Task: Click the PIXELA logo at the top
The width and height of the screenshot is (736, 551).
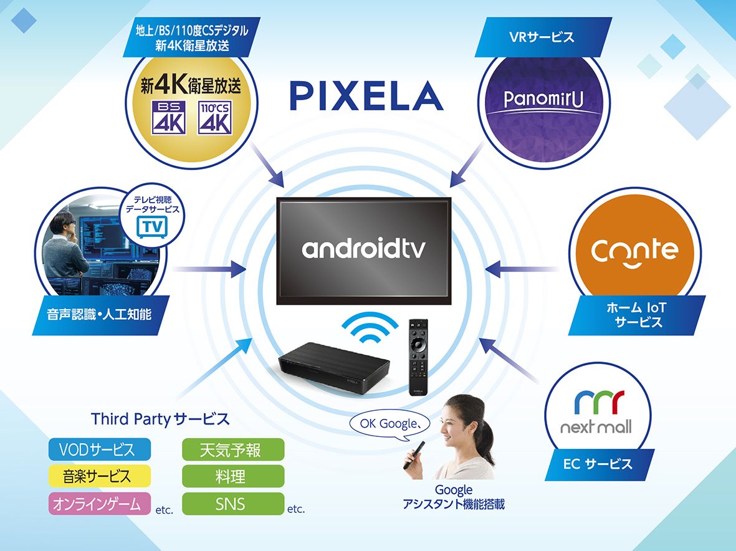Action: pyautogui.click(x=366, y=97)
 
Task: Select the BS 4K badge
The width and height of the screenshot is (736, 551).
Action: pyautogui.click(x=169, y=118)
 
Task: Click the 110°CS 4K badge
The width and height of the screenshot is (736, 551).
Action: pyautogui.click(x=214, y=118)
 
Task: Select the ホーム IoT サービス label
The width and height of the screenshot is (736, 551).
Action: pyautogui.click(x=639, y=315)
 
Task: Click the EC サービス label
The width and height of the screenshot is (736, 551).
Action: pyautogui.click(x=597, y=464)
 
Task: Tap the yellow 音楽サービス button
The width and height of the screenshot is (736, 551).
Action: pyautogui.click(x=100, y=476)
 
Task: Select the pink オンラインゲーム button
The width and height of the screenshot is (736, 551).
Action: pyautogui.click(x=100, y=504)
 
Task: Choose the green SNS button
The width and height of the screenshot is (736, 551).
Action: pyautogui.click(x=232, y=504)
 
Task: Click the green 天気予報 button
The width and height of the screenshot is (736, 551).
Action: pyautogui.click(x=232, y=449)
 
